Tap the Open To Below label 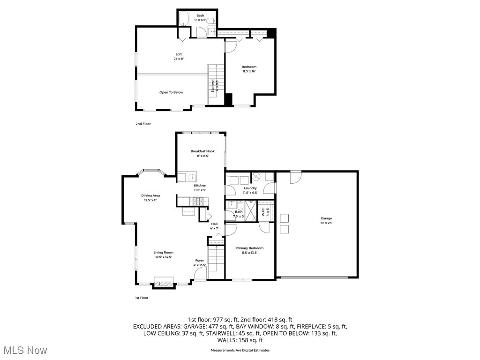tap(171, 92)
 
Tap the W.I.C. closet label tap(263, 211)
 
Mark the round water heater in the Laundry tap(256, 177)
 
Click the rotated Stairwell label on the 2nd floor tap(213, 85)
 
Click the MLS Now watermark tap(23, 350)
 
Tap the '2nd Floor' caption tap(143, 124)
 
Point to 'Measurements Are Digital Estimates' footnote tap(240, 350)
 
